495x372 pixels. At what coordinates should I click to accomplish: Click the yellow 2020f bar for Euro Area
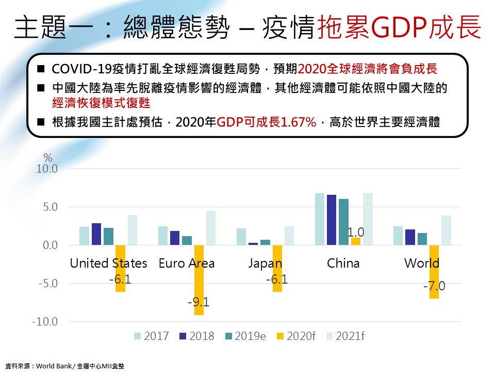pos(199,280)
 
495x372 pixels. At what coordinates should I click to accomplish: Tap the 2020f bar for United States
pos(120,268)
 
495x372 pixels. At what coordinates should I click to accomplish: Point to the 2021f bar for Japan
pos(289,235)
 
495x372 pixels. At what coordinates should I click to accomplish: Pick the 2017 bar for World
pos(398,235)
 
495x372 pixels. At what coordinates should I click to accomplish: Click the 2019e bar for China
pos(343,222)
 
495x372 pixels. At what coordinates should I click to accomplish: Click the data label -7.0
pos(434,286)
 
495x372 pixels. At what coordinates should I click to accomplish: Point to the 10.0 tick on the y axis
pos(46,169)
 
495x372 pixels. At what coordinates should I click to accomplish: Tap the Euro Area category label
pos(187,263)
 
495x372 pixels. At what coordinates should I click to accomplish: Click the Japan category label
pos(265,263)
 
